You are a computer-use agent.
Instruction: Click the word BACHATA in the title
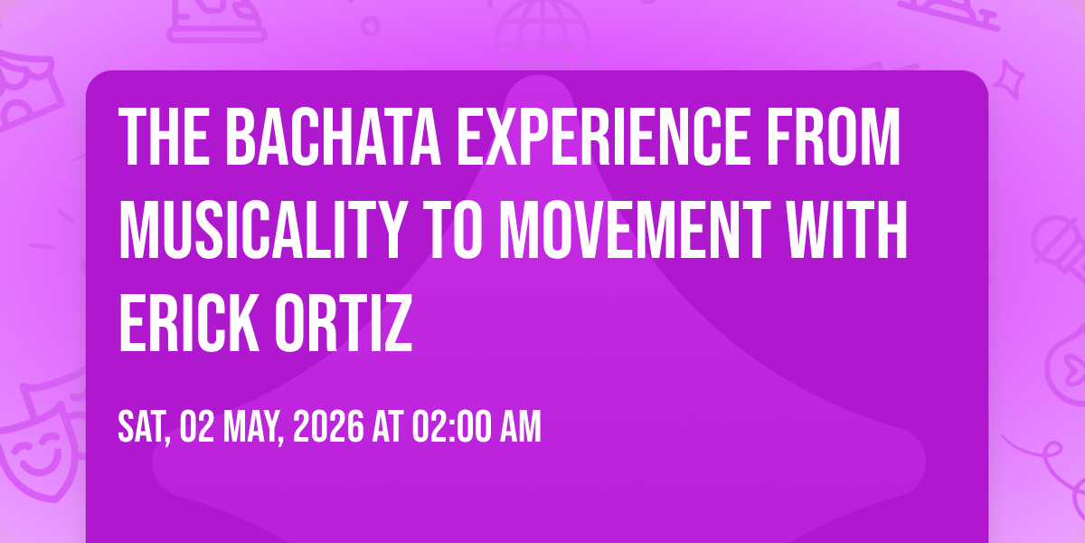(x=334, y=137)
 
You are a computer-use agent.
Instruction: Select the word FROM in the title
(x=833, y=137)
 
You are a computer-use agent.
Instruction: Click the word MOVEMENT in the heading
(x=635, y=229)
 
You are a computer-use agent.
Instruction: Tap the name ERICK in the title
(x=189, y=322)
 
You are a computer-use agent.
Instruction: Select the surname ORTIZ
(x=344, y=322)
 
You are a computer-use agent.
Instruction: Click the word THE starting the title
(x=164, y=137)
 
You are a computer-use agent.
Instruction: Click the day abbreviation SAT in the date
(x=145, y=427)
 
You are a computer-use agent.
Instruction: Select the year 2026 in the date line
(x=328, y=427)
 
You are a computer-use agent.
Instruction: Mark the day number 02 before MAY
(x=197, y=427)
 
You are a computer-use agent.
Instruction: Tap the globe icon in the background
(x=542, y=34)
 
